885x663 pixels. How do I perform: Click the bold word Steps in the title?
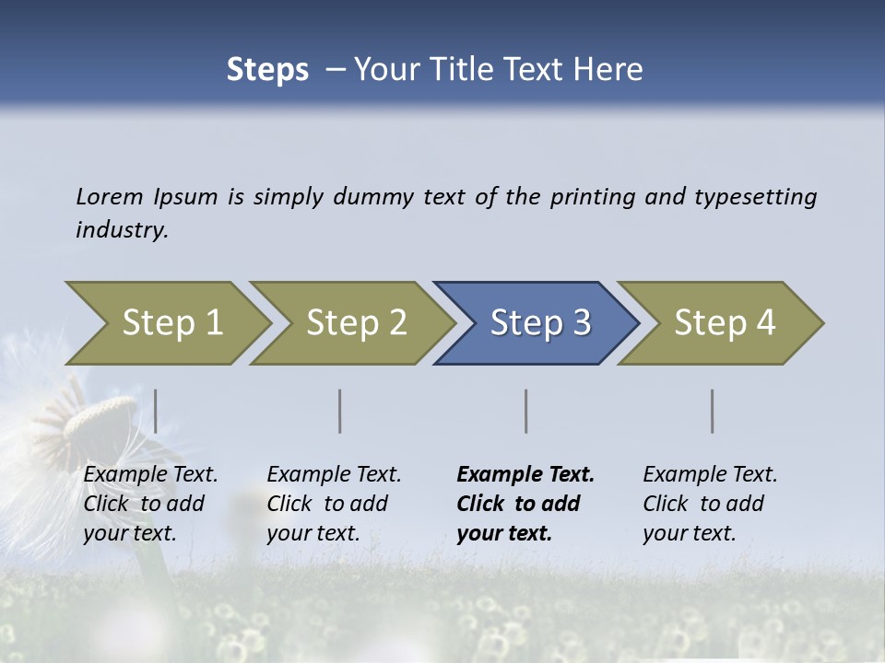[267, 70]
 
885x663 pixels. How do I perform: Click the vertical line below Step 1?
[156, 411]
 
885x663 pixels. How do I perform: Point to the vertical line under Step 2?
[340, 411]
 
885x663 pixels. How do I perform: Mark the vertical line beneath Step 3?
[526, 411]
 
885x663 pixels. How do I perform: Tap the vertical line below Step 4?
[713, 411]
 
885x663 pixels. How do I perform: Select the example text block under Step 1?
[150, 503]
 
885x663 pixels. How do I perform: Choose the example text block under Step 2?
[334, 503]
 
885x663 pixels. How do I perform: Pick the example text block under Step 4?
[710, 503]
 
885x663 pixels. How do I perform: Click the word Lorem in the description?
[109, 196]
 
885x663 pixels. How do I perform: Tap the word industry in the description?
[121, 230]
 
